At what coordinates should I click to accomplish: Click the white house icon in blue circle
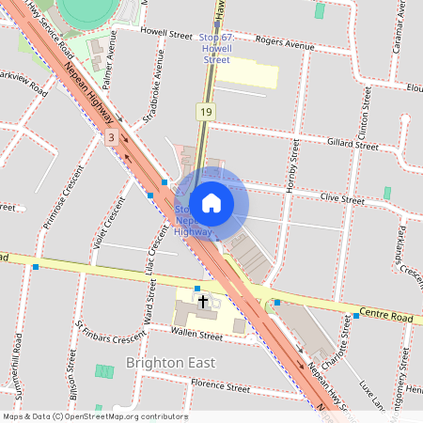(x=211, y=201)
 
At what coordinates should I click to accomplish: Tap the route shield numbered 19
(x=205, y=112)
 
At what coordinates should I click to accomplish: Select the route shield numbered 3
(x=112, y=137)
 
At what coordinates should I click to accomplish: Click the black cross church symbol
(x=202, y=303)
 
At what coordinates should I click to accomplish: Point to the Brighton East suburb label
(x=170, y=363)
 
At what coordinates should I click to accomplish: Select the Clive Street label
(x=341, y=199)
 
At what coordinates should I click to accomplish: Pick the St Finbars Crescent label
(x=111, y=335)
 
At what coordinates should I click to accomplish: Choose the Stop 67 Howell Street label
(x=215, y=48)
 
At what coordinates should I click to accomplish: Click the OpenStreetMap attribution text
(x=95, y=416)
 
